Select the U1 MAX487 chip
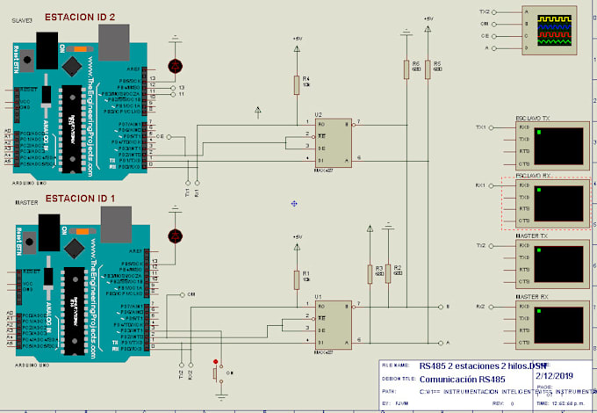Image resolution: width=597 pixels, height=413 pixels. pyautogui.click(x=332, y=322)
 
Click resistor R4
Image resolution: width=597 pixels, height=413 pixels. pyautogui.click(x=298, y=84)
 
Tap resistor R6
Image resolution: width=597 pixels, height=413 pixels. pyautogui.click(x=406, y=69)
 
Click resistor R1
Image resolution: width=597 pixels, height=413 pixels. pyautogui.click(x=298, y=279)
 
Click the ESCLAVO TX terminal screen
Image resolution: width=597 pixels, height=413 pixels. pyautogui.click(x=559, y=145)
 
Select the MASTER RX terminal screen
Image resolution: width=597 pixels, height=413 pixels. pyautogui.click(x=559, y=326)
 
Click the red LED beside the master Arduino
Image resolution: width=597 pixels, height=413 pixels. pyautogui.click(x=176, y=235)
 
